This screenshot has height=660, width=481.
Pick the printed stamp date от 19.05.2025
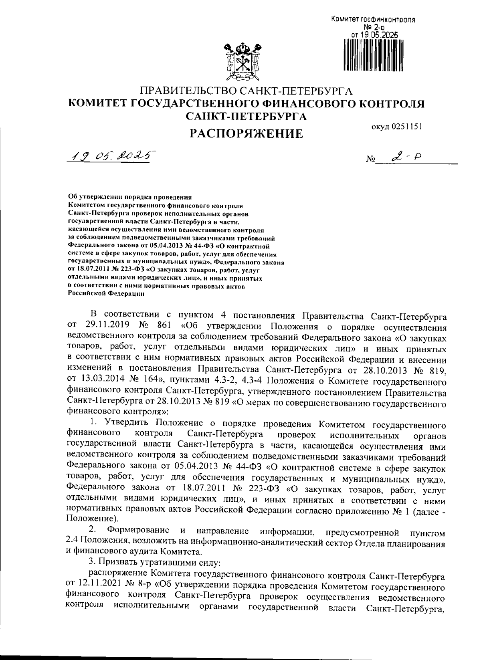click(x=375, y=35)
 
